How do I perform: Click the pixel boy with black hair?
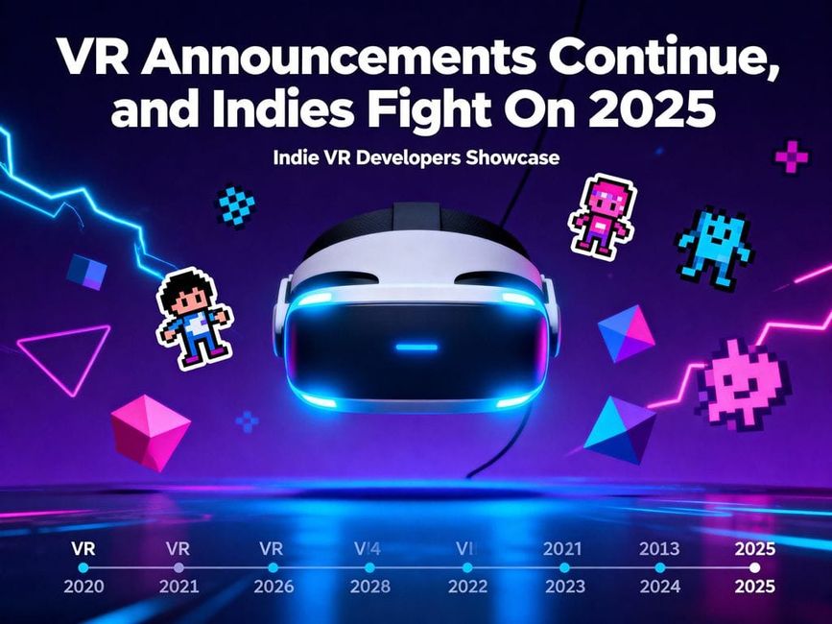point(194,317)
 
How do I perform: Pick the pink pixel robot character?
point(602,216)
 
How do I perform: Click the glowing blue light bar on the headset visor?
point(416,347)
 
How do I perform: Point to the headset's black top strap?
point(416,219)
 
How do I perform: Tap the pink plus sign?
point(792,156)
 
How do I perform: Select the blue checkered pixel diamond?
point(236,204)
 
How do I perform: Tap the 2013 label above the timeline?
point(659,549)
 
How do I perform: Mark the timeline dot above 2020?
point(83,568)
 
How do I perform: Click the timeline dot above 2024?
point(659,568)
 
